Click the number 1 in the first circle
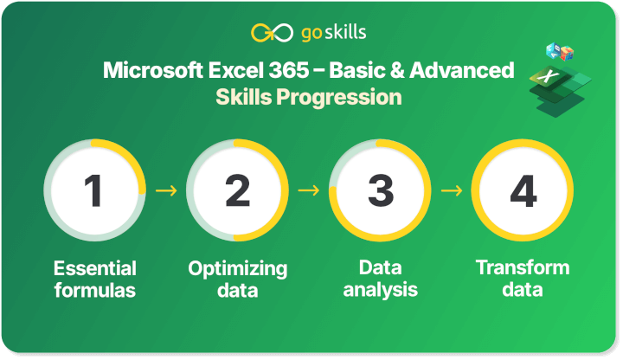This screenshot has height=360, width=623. (x=94, y=190)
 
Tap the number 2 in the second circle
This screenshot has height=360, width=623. (x=237, y=190)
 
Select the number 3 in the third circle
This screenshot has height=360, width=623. (x=380, y=190)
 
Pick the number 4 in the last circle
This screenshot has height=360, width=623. (x=523, y=190)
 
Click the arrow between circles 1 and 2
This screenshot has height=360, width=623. (x=166, y=190)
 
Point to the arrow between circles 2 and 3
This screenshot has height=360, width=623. (x=309, y=190)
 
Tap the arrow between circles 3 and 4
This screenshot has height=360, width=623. (x=452, y=190)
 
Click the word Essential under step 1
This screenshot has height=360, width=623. (x=94, y=268)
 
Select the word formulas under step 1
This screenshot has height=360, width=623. (x=94, y=290)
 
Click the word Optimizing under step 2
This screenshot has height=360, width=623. (x=237, y=268)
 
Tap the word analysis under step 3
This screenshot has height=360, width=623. (x=380, y=290)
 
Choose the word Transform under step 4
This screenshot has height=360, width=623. (x=523, y=267)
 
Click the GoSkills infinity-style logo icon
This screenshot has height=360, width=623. (x=265, y=33)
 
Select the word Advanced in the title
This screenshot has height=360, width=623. (x=471, y=69)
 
